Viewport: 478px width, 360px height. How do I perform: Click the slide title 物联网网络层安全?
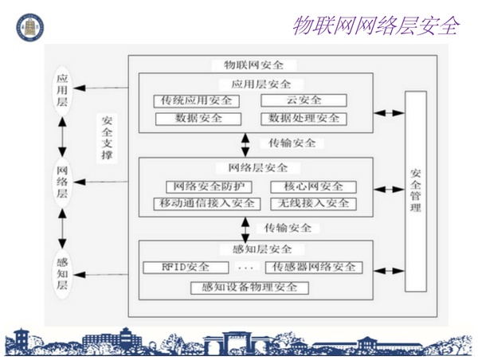coord(375,25)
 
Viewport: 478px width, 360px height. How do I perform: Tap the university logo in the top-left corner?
coord(29,26)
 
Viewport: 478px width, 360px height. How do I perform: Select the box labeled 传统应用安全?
coord(196,100)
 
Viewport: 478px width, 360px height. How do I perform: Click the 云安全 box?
coord(303,100)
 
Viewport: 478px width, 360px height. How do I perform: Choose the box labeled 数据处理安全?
coord(304,118)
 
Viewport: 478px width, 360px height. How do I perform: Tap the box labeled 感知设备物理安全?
coord(249,287)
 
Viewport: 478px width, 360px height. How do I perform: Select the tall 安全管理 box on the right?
coord(416,190)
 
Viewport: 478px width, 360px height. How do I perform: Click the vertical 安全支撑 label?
coord(107,138)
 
